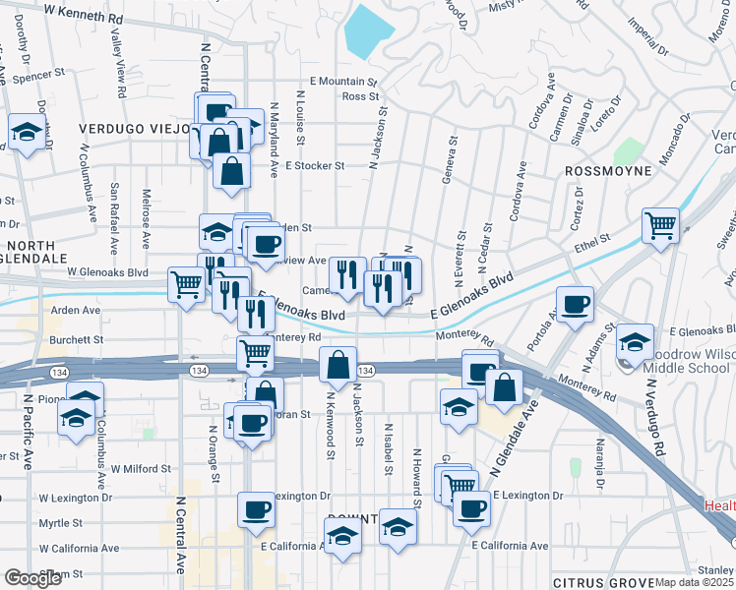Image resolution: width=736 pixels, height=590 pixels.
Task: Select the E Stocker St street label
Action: [x=315, y=165]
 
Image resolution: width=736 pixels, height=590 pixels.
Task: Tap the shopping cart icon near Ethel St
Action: [x=661, y=224]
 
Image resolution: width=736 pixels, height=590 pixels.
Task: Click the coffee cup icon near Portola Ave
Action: [x=576, y=303]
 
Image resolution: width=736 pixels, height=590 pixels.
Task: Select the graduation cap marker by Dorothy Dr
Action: [x=28, y=132]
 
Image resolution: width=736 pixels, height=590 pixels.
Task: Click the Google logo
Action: [x=32, y=578]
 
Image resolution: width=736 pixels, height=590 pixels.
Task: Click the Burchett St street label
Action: [x=77, y=338]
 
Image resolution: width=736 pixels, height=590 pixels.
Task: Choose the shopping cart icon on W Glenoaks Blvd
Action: [x=186, y=285]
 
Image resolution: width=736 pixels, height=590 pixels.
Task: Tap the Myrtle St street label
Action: [x=60, y=524]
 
